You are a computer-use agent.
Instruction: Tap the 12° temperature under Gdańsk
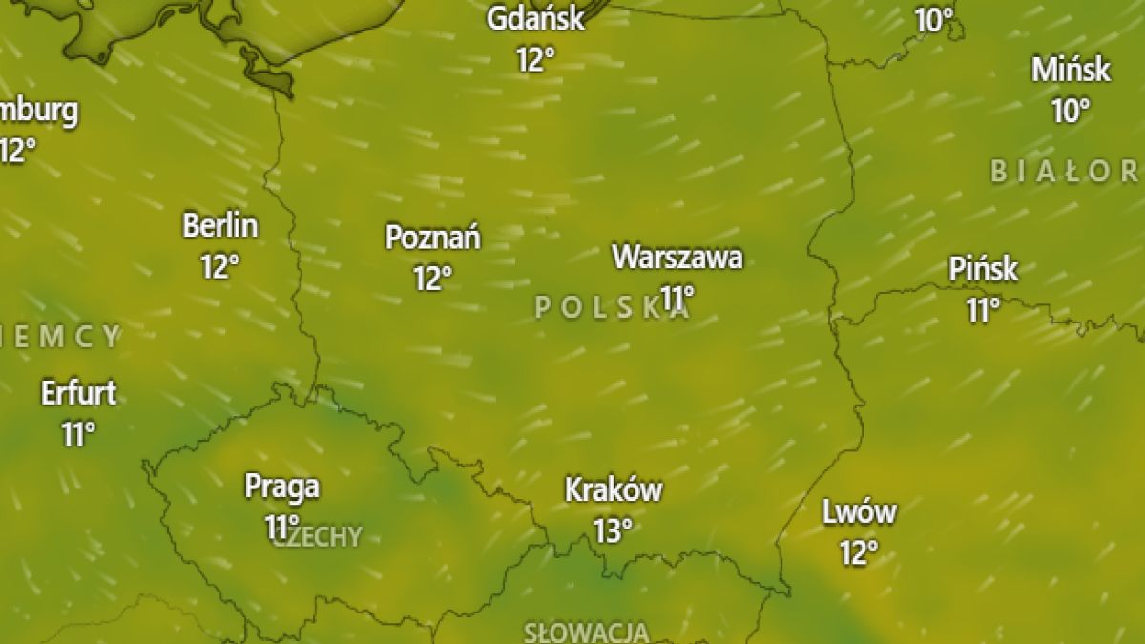tap(535, 60)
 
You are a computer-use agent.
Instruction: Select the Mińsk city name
tap(1071, 70)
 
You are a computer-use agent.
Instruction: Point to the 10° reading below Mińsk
tap(1071, 111)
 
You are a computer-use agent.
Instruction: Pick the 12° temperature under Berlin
tap(219, 266)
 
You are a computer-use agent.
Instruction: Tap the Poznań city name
tap(432, 237)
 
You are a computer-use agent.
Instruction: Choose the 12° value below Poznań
tap(432, 279)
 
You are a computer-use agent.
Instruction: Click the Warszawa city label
tap(677, 257)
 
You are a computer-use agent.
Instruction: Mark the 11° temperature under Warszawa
tap(677, 298)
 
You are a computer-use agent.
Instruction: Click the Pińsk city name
tap(984, 269)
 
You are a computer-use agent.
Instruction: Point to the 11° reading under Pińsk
tap(983, 310)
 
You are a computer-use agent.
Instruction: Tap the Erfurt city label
tap(78, 392)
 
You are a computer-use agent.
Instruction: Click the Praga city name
tap(281, 487)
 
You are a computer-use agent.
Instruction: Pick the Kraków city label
tap(614, 489)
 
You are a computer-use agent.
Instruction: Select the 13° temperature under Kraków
tap(614, 530)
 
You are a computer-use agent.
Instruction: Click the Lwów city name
tap(859, 512)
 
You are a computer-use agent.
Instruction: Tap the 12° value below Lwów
tap(859, 552)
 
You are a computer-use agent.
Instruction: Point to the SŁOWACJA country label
tap(586, 632)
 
